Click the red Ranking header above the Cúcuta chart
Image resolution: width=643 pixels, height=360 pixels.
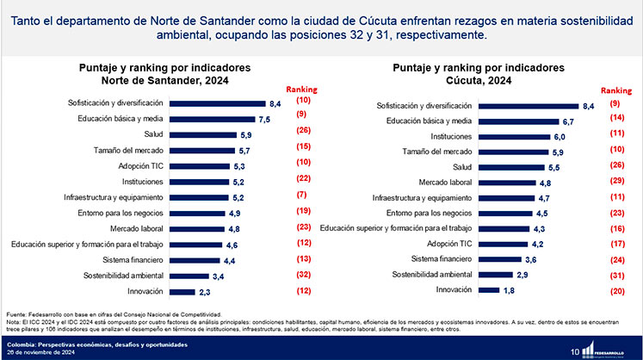click(x=615, y=90)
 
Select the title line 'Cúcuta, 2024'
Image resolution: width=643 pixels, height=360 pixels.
click(x=479, y=83)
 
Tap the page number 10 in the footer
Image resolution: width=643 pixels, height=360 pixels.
click(x=574, y=349)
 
